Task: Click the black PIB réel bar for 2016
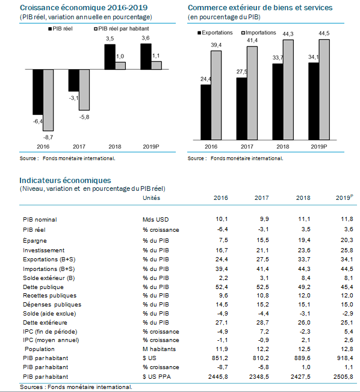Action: pos(38,92)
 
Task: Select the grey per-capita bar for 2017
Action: pos(84,90)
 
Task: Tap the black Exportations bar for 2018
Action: pos(278,102)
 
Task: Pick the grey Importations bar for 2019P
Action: pos(324,90)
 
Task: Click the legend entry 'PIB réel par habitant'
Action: pos(122,29)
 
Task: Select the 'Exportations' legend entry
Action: pos(215,33)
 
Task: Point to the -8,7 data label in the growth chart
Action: pos(48,137)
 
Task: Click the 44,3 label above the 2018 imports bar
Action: pos(288,34)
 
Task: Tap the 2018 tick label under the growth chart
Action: pos(115,147)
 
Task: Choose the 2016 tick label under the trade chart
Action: pos(211,147)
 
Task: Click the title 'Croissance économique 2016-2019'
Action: pos(84,8)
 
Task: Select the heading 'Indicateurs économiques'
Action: pos(65,181)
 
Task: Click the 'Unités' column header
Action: pos(152,198)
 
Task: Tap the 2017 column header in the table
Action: pos(262,198)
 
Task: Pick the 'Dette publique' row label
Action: pos(43,287)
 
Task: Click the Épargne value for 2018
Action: pos(304,240)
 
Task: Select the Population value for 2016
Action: pos(222,349)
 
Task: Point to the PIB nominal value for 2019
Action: pos(347,219)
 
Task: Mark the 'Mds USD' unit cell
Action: pos(156,220)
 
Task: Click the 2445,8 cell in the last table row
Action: pos(218,376)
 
